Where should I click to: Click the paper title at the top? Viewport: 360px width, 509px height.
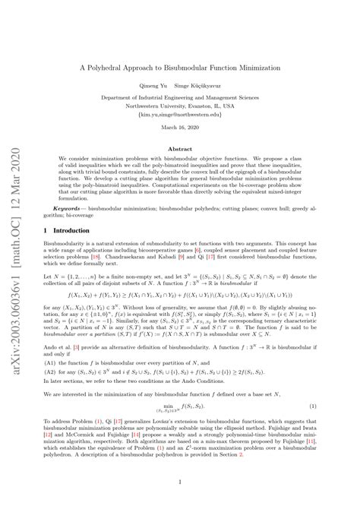point(190,66)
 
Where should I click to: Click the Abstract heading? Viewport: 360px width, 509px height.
point(190,150)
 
